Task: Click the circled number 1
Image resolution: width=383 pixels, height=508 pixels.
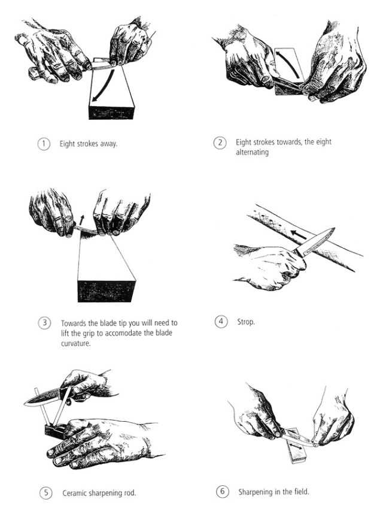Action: (44, 144)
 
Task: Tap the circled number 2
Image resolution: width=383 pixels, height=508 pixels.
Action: (220, 143)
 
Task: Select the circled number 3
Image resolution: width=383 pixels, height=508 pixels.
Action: (45, 323)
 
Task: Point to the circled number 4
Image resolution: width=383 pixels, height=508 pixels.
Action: (221, 321)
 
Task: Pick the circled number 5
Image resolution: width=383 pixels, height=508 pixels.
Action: (46, 493)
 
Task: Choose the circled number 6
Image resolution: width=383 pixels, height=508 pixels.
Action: (223, 491)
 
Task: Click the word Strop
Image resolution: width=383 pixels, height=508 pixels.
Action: (246, 322)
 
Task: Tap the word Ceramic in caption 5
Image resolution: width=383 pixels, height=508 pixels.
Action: (74, 493)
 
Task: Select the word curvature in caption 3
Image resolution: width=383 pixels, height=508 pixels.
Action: (76, 343)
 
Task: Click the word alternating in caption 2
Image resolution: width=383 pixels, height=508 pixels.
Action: (252, 152)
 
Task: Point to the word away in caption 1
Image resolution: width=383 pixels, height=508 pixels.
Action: (109, 144)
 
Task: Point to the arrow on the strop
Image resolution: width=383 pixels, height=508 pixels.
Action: (299, 235)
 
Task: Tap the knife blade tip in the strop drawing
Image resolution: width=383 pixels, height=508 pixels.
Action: (333, 229)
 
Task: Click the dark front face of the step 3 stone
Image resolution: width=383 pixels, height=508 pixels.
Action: (106, 291)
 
